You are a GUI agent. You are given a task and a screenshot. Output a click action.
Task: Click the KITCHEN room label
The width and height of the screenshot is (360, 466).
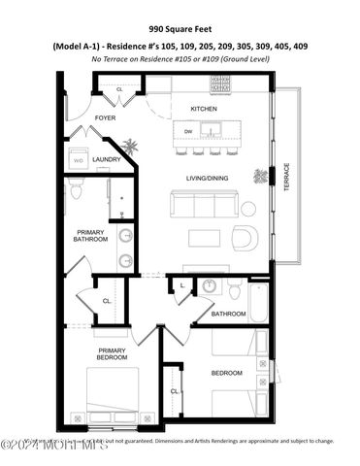tap(203, 108)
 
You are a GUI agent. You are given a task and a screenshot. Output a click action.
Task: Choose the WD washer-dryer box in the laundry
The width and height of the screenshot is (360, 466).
tap(79, 160)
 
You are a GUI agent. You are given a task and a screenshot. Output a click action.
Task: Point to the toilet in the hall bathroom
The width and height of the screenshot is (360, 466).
tap(235, 289)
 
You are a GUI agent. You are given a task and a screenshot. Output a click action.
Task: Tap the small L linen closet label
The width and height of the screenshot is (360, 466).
tap(183, 284)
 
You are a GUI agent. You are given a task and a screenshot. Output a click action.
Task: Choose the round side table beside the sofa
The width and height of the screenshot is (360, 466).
tap(248, 208)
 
